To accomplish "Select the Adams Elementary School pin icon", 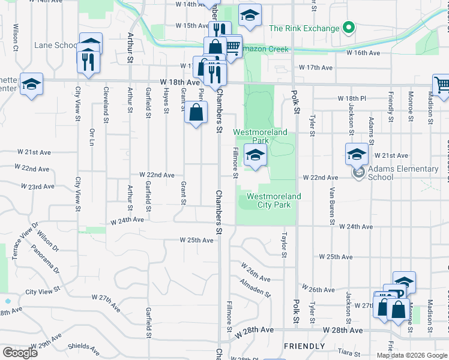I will [x=359, y=174].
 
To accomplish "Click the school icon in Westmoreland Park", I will [x=255, y=156].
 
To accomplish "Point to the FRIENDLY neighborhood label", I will [x=304, y=346].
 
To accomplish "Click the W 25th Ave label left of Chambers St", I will [x=197, y=240].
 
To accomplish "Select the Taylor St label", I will [x=284, y=245].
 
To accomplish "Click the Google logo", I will [x=20, y=353].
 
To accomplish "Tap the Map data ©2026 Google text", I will [x=412, y=355].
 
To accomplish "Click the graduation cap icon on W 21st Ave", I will [x=357, y=155].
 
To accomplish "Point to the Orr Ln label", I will [x=92, y=136].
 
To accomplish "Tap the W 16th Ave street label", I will [x=364, y=53].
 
